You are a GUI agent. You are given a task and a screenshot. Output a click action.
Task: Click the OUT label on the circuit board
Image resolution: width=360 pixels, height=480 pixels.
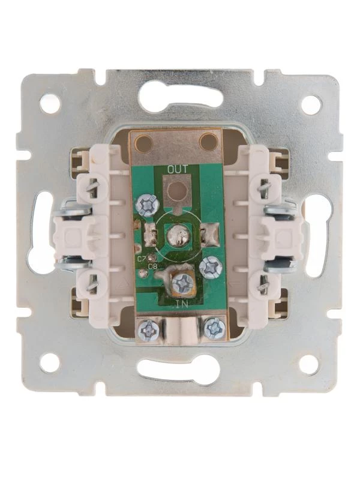(177, 169)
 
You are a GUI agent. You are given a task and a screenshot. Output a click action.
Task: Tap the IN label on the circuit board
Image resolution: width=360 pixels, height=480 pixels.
(182, 304)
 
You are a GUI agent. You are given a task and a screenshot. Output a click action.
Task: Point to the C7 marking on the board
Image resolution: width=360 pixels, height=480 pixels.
(142, 259)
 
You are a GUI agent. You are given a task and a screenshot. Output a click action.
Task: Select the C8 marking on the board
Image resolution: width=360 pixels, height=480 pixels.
(152, 266)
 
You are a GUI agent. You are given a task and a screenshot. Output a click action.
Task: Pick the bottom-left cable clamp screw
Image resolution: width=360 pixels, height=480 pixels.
(148, 330)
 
